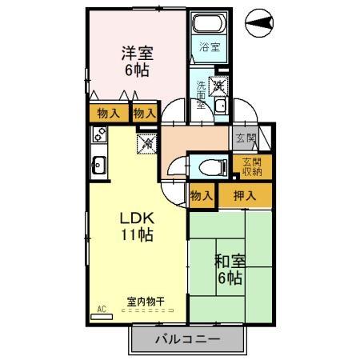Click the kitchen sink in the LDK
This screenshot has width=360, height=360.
click(x=98, y=166)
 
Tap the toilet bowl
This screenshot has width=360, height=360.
click(x=206, y=167)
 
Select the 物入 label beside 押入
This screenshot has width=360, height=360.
click(x=202, y=195)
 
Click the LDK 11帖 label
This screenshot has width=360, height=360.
click(x=138, y=226)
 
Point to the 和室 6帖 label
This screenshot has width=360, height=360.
click(x=229, y=270)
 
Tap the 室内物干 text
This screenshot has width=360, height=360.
click(x=146, y=302)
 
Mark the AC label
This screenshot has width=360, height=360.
click(x=102, y=308)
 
